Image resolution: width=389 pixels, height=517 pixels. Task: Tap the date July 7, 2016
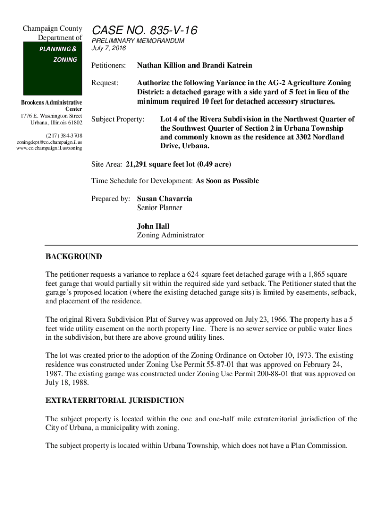pos(109,49)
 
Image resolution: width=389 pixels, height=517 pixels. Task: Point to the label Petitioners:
pos(108,66)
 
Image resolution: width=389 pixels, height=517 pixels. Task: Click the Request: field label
pos(105,83)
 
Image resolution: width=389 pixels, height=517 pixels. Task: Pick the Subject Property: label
pos(118,120)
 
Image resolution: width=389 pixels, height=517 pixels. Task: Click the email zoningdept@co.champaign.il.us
pos(48,142)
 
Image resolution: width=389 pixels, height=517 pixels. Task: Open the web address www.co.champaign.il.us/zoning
pos(49,148)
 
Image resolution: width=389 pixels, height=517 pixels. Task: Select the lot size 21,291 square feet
pos(161,164)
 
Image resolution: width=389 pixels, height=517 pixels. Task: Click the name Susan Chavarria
pos(165,199)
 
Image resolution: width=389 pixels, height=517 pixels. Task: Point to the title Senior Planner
pos(160,208)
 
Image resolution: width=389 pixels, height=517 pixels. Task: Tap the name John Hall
pos(153,226)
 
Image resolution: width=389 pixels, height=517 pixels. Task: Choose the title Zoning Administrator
pos(171,235)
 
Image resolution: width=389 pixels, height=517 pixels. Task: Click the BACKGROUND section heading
pos(74,257)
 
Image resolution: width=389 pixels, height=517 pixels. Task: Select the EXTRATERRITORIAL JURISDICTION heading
pos(115,401)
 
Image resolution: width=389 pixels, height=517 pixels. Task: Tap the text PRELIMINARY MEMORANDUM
pos(137,41)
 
